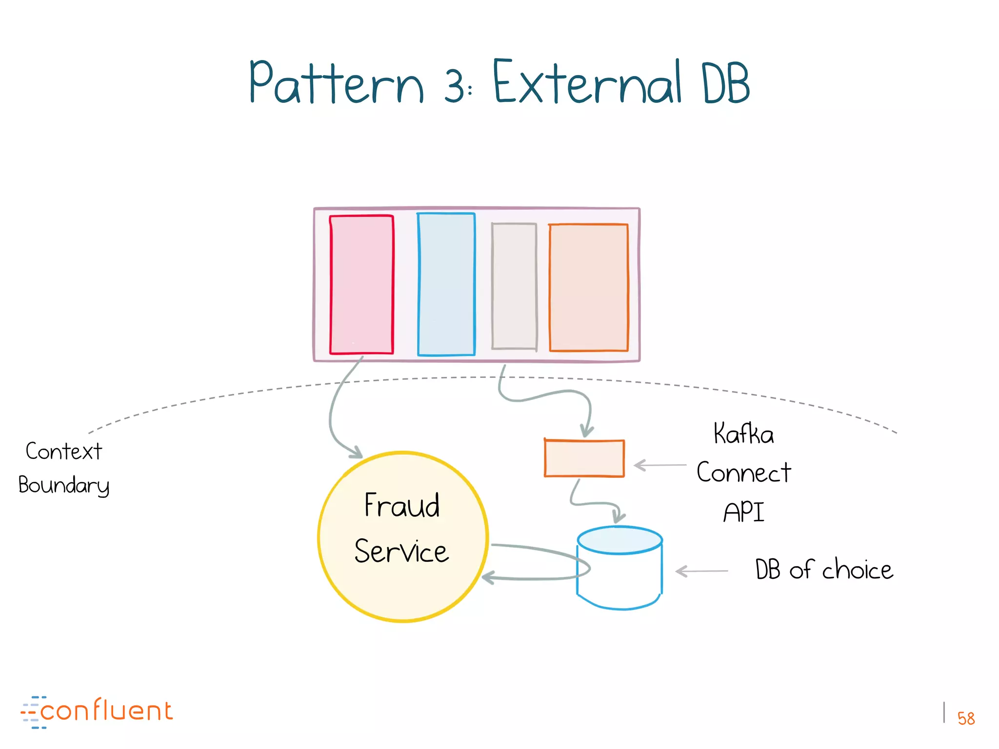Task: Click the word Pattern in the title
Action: click(337, 83)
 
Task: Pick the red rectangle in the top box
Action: click(361, 284)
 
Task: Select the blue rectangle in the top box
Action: click(446, 284)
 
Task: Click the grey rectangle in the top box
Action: click(514, 286)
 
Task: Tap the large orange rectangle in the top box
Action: click(589, 287)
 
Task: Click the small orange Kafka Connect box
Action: click(584, 458)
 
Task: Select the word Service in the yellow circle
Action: click(401, 552)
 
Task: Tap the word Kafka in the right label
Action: click(743, 434)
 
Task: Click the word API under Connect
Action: click(743, 512)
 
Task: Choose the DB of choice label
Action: click(824, 569)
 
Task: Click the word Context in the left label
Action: click(64, 451)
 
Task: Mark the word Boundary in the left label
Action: click(64, 485)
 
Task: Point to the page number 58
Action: click(965, 718)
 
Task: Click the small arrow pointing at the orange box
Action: click(659, 465)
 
